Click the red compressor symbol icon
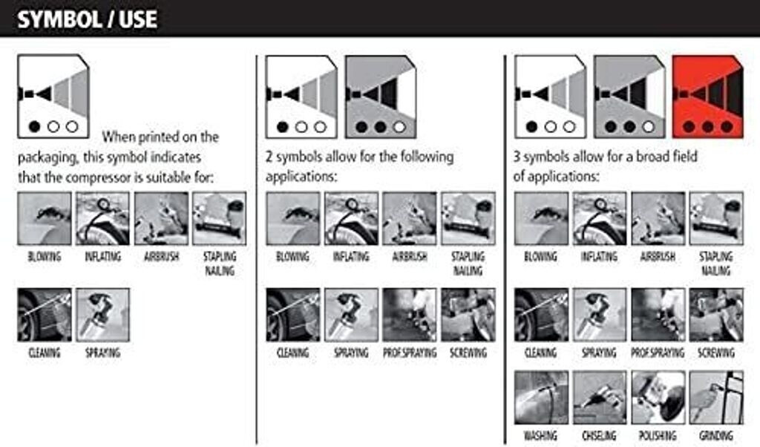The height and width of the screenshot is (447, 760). coord(707,97)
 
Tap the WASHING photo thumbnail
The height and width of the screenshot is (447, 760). coord(541,397)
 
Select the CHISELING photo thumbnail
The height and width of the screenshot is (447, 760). coord(599,397)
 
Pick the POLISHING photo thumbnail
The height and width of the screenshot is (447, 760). coord(658,397)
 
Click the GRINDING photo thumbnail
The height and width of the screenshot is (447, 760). coord(716,397)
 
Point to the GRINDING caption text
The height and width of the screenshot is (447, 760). coord(716,436)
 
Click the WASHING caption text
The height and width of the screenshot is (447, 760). coord(540,436)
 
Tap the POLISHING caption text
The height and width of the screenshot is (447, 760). coord(658,436)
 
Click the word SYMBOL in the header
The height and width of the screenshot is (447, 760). coord(59,20)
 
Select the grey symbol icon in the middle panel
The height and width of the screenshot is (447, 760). coord(381,97)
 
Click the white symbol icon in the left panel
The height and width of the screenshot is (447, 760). coord(53,97)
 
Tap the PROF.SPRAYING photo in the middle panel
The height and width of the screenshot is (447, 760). coord(410,315)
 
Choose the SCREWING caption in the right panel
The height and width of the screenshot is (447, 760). coord(716,353)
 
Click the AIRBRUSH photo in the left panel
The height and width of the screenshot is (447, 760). coord(161,218)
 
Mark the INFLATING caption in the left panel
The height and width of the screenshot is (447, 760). coord(102,256)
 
